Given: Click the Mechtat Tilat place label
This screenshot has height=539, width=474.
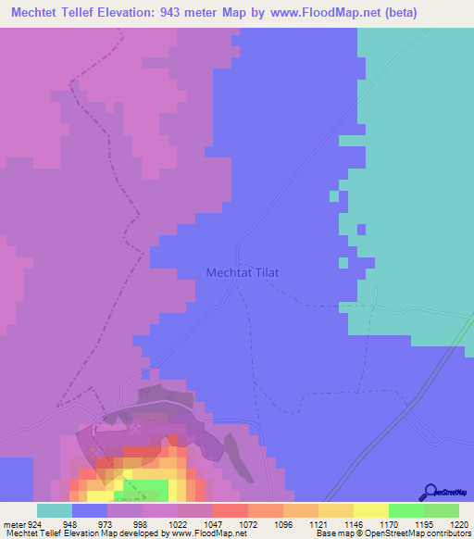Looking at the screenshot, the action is click(x=241, y=273).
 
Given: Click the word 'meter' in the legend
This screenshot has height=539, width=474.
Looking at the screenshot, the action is click(x=14, y=523).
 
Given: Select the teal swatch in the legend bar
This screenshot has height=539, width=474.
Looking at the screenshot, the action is click(x=55, y=510).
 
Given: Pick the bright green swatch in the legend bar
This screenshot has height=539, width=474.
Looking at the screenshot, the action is click(x=405, y=510).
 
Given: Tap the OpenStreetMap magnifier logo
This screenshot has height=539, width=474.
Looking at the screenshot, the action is click(x=429, y=492).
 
